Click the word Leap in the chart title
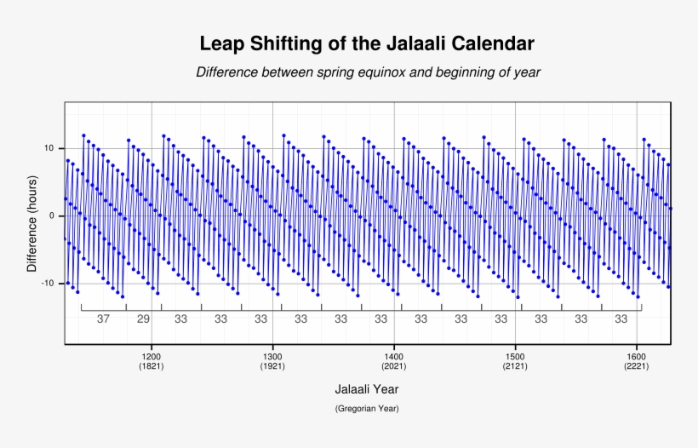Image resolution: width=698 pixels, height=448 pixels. [221, 43]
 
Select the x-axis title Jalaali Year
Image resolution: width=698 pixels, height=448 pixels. [367, 388]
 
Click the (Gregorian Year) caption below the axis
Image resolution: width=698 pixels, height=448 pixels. [367, 409]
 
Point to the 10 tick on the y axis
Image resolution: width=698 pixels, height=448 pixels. [49, 148]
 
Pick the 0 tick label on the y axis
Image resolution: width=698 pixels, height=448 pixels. [51, 215]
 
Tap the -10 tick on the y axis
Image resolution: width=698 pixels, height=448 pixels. [47, 283]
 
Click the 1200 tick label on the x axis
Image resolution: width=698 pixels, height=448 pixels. [152, 356]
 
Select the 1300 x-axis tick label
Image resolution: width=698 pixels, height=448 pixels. [272, 356]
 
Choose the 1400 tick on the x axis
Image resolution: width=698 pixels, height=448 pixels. [393, 356]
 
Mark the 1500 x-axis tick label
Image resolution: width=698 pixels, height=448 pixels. [515, 356]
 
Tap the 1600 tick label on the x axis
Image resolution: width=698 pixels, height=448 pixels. [636, 356]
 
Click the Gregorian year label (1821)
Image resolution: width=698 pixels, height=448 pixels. [152, 366]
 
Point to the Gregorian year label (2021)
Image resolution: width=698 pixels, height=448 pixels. [393, 366]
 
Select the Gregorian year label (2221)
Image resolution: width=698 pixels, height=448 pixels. [636, 366]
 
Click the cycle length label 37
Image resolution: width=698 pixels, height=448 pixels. [103, 319]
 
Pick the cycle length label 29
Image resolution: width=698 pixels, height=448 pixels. [143, 319]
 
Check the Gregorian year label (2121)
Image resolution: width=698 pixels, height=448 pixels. [515, 366]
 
